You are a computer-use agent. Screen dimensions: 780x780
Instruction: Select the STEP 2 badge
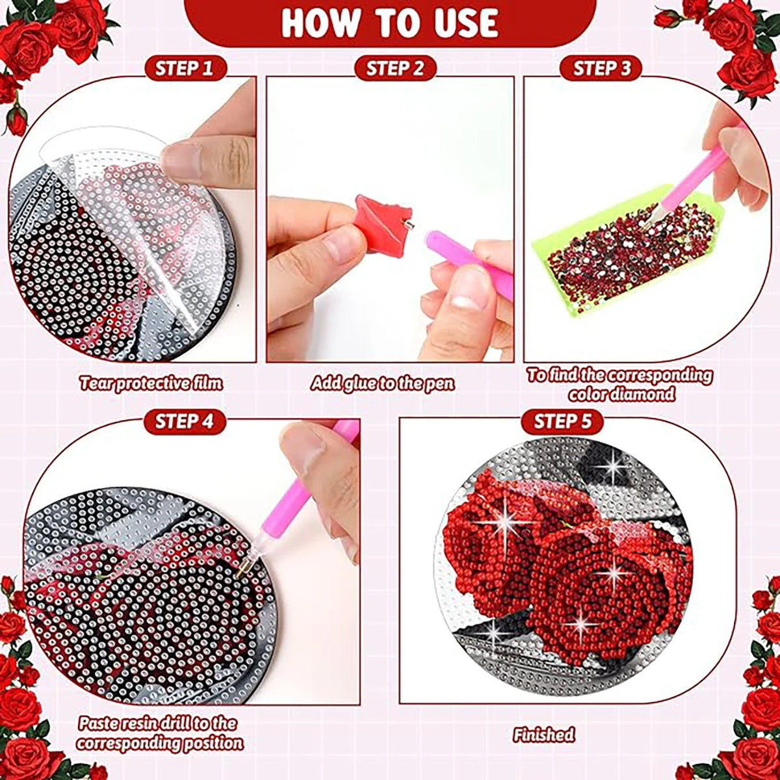(x=395, y=68)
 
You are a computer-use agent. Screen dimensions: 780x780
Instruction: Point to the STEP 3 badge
(x=602, y=68)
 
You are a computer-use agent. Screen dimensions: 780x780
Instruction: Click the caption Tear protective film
(x=151, y=383)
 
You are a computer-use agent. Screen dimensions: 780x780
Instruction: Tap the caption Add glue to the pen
(x=382, y=383)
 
